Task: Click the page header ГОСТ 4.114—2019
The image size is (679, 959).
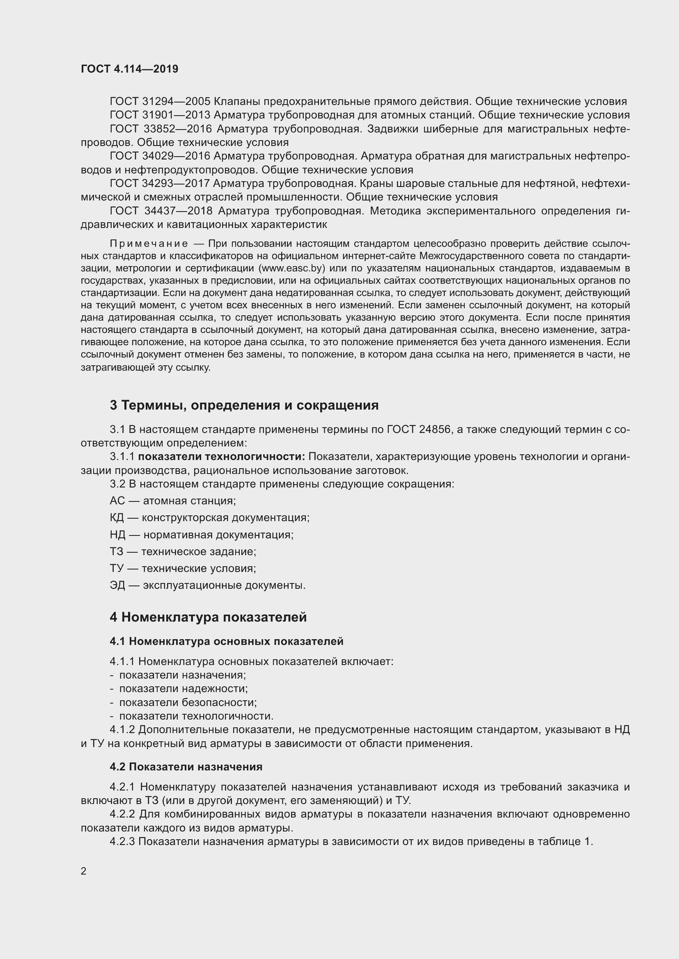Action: click(x=130, y=69)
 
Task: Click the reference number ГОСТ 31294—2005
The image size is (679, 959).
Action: click(x=160, y=102)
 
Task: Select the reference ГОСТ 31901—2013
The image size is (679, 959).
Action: click(x=160, y=115)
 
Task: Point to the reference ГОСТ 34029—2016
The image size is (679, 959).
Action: click(x=160, y=156)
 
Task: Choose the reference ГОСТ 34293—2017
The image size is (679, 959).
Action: click(x=160, y=183)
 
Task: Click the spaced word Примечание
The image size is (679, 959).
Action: click(x=149, y=244)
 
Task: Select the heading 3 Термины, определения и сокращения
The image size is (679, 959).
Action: click(x=244, y=405)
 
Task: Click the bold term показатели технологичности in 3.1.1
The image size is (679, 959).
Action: click(x=222, y=456)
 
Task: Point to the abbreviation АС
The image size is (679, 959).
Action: click(x=117, y=500)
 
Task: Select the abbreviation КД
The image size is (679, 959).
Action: click(x=117, y=517)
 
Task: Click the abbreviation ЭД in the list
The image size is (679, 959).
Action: click(x=117, y=585)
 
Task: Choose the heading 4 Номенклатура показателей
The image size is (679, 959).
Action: click(x=208, y=617)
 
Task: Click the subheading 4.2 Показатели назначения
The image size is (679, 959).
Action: click(x=186, y=767)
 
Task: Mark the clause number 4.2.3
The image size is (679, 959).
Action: click(x=122, y=842)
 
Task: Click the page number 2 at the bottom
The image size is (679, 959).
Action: click(x=84, y=871)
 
